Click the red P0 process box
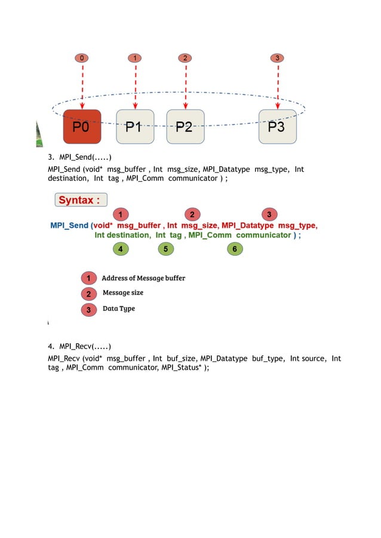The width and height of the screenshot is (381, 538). point(82,127)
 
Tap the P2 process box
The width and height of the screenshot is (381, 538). point(186,127)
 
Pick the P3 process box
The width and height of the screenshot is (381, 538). point(277,127)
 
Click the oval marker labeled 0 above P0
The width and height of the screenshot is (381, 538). point(82,58)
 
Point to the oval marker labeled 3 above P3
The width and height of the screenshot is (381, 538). point(276,58)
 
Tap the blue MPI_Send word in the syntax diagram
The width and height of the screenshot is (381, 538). point(69,225)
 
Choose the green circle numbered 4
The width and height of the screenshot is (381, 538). point(121,249)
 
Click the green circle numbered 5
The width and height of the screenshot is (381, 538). point(165,249)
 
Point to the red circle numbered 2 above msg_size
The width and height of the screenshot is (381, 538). point(192,214)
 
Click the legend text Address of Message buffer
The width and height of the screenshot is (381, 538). point(143,278)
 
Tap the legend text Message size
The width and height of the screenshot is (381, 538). point(123,293)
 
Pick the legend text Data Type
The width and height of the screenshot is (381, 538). point(119,308)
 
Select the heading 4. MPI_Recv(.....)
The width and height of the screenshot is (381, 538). point(79,346)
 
